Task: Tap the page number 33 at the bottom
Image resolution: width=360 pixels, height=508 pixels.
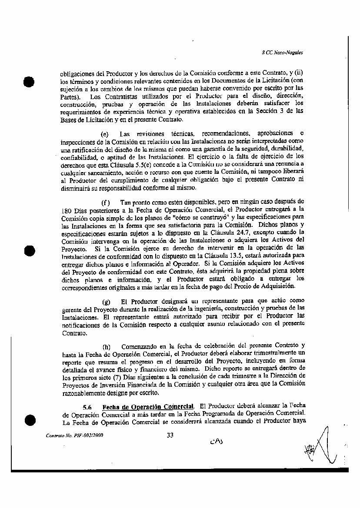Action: pos(170,434)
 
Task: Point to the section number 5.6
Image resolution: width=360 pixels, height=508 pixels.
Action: pos(88,407)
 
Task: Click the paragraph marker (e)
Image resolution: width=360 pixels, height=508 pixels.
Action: pos(104,133)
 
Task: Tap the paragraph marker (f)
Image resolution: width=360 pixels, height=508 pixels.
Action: pos(105,203)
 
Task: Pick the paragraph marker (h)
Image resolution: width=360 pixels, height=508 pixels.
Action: pos(106,347)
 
